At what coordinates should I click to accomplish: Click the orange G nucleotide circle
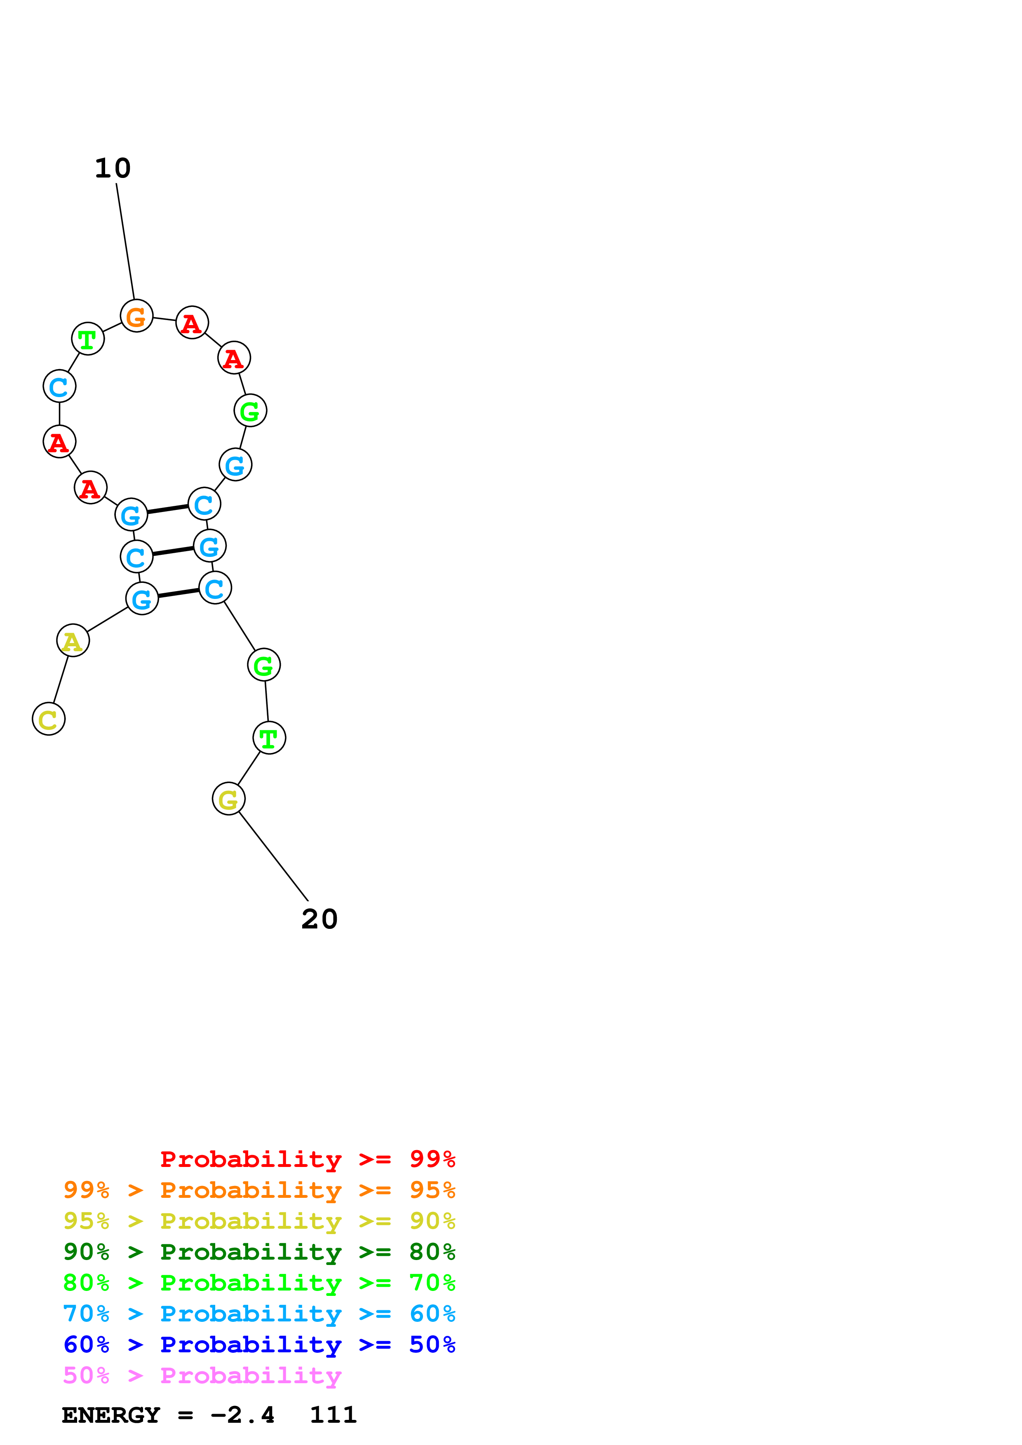pyautogui.click(x=136, y=316)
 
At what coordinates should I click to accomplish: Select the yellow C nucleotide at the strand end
pyautogui.click(x=49, y=719)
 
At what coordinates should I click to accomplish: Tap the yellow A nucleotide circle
pyautogui.click(x=73, y=641)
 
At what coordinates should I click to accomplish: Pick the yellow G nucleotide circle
pyautogui.click(x=228, y=799)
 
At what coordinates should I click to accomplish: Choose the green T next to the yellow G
pyautogui.click(x=269, y=738)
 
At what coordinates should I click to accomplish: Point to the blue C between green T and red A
pyautogui.click(x=59, y=386)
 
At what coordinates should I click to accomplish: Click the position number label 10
pyautogui.click(x=113, y=168)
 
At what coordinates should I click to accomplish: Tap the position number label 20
pyautogui.click(x=319, y=919)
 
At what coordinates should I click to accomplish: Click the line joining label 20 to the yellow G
pyautogui.click(x=273, y=856)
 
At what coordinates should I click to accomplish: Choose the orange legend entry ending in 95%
pyautogui.click(x=259, y=1190)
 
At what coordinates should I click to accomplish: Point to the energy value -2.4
pyautogui.click(x=242, y=1415)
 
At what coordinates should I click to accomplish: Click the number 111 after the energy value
pyautogui.click(x=333, y=1415)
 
